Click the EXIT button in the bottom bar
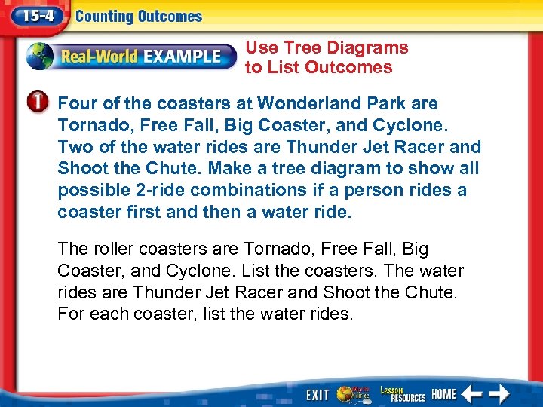coord(318,394)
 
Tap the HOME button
coord(444,393)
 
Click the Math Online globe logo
coord(352,393)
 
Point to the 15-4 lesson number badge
coord(34,16)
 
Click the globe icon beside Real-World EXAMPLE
coord(39,56)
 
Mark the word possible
coord(90,191)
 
